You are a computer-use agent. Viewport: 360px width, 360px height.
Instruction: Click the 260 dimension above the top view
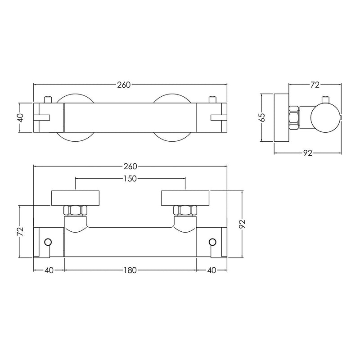click(x=124, y=85)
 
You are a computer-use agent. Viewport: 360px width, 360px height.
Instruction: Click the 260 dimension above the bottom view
click(x=130, y=166)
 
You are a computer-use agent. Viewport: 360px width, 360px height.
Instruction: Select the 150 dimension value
click(x=130, y=178)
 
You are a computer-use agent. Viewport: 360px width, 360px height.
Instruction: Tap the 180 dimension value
click(x=130, y=270)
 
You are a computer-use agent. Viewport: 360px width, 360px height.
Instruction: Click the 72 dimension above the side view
click(x=315, y=85)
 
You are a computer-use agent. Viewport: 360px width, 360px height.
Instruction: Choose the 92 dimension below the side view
click(x=308, y=153)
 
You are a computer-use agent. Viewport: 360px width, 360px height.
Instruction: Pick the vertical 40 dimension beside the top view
click(x=20, y=118)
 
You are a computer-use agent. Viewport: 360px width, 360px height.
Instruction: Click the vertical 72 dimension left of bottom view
click(x=20, y=231)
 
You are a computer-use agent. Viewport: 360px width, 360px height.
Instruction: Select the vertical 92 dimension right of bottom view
click(x=243, y=224)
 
